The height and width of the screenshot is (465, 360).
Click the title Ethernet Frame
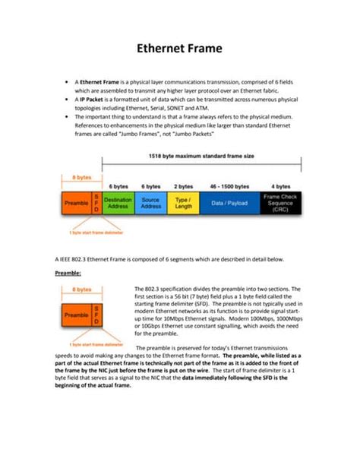tap(179, 48)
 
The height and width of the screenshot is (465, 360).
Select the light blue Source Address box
tap(151, 203)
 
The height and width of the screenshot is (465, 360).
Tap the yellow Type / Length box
tap(183, 203)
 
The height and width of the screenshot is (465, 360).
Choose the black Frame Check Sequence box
tap(279, 203)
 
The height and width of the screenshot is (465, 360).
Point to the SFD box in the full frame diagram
tap(96, 203)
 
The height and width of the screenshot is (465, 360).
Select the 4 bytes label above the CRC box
tap(279, 185)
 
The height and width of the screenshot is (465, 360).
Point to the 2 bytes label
tap(183, 185)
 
